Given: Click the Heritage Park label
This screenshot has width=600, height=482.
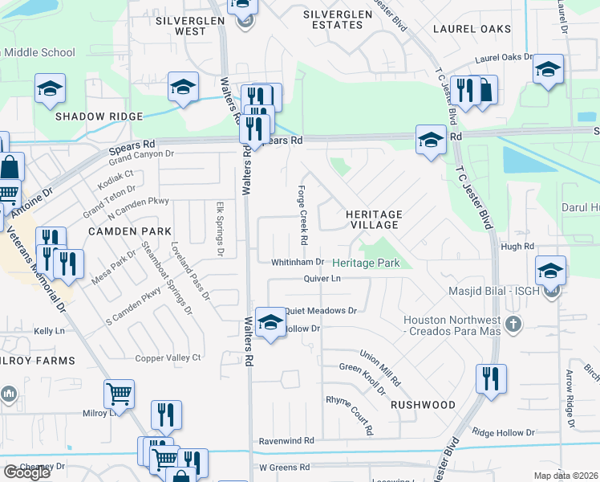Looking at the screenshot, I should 366,263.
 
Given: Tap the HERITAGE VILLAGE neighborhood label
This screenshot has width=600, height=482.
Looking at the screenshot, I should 374,220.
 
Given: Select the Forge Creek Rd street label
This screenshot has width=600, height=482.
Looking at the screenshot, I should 303,214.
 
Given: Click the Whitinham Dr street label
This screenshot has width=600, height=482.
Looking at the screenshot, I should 297,262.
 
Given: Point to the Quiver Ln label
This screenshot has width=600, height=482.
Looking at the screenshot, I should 322,278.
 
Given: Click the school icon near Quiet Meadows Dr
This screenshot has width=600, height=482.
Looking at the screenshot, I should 271,323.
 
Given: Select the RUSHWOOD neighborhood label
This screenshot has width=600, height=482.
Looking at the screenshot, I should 423,405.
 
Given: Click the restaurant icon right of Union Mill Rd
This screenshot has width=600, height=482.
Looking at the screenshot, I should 491,378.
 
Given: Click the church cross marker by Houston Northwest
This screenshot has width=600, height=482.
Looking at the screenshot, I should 513,325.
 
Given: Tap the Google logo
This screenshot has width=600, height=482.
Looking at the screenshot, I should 26,472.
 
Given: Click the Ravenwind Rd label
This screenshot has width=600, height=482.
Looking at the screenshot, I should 286,441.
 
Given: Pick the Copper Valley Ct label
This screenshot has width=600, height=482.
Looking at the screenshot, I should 168,357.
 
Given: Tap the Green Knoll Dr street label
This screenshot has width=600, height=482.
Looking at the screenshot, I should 363,379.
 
